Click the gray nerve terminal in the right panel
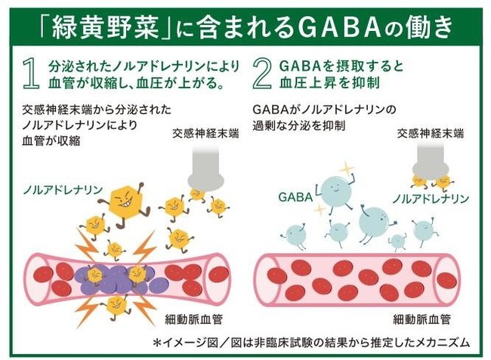(431, 161)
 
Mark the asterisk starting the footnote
(157, 342)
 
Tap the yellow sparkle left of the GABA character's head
(319, 209)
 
